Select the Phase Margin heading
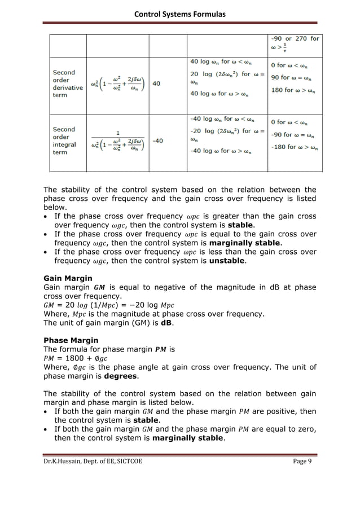click(71, 341)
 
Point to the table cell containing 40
click(156, 83)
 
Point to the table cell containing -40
click(157, 141)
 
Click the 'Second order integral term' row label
click(64, 141)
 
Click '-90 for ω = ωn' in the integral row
click(293, 135)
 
